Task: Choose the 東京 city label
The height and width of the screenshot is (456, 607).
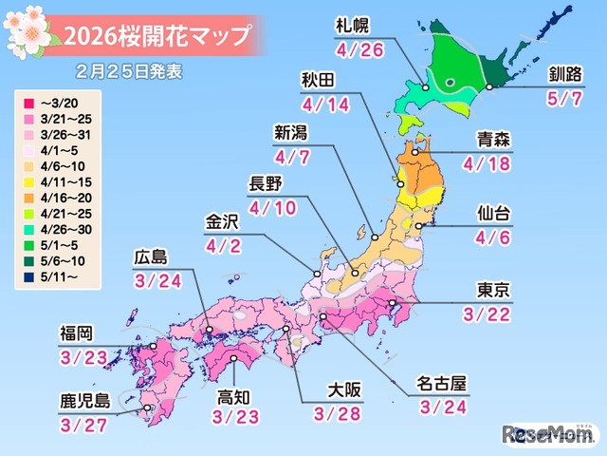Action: click(495, 290)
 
